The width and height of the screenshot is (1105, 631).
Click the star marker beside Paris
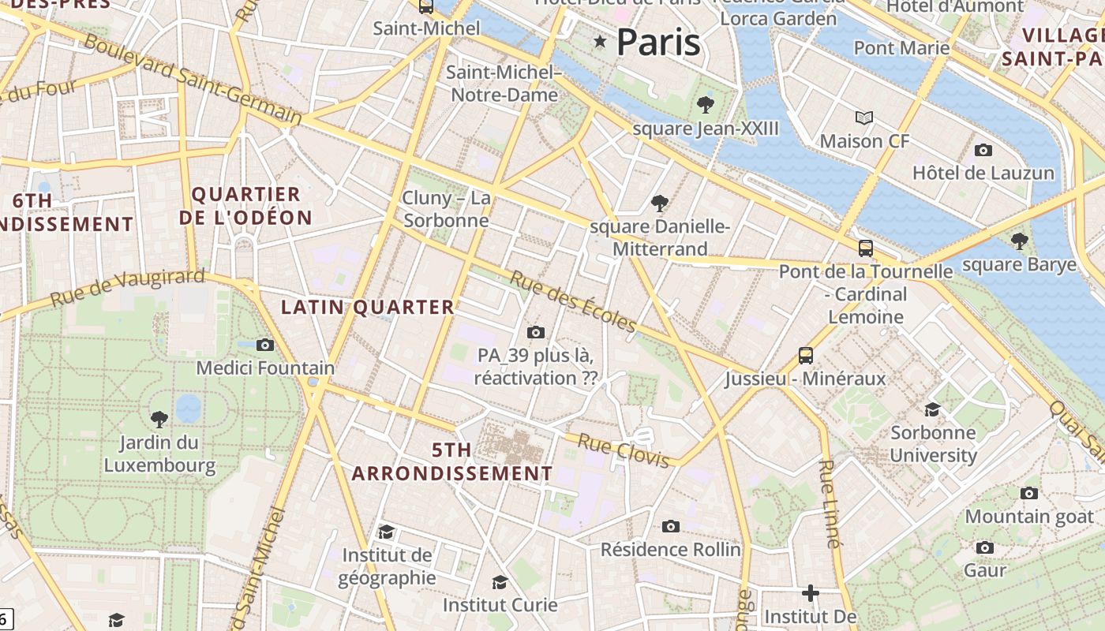600,41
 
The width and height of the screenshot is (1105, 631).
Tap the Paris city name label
658,41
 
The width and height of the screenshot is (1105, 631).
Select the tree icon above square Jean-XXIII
706,104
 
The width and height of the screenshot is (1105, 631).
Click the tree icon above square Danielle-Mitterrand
660,203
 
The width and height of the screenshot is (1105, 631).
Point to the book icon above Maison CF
864,118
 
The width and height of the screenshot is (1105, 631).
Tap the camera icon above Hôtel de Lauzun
983,150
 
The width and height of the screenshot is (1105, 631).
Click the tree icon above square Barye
1019,241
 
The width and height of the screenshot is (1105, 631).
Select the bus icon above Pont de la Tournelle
865,248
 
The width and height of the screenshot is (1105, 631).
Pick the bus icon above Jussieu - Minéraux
805,356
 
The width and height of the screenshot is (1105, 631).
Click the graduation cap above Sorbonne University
932,409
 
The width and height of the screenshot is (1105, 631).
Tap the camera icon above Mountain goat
1029,494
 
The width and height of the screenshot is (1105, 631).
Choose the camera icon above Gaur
984,547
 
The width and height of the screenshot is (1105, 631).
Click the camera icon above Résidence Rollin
671,526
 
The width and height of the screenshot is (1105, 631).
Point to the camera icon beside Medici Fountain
265,345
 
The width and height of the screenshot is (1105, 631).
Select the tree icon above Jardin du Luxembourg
159,419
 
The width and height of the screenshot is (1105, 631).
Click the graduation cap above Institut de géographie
386,532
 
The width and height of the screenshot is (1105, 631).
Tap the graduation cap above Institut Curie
500,583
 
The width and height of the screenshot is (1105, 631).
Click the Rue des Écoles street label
573,302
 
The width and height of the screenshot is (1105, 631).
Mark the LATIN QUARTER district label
368,308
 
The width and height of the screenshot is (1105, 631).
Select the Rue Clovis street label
624,450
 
